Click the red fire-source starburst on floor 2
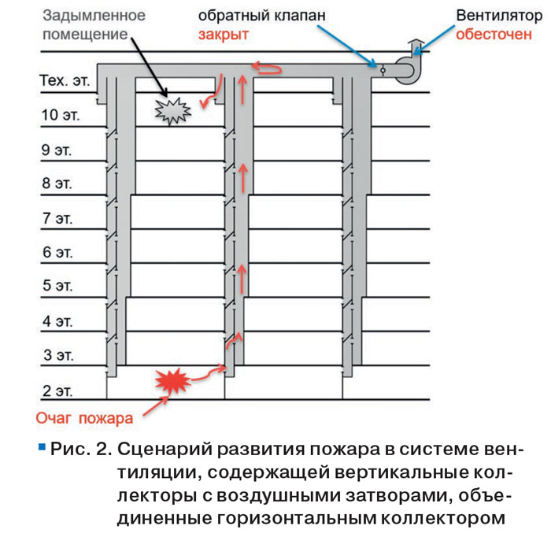(x=172, y=381)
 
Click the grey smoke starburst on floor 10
(x=173, y=111)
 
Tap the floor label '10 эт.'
(x=61, y=115)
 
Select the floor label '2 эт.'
(x=57, y=391)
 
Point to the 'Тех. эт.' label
(x=65, y=80)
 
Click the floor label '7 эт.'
(x=57, y=218)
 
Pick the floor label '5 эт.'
(x=57, y=285)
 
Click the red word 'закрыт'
(x=224, y=35)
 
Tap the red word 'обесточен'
(x=494, y=35)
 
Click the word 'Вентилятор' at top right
(x=499, y=16)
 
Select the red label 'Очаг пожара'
(x=85, y=418)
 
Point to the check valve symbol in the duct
(x=383, y=71)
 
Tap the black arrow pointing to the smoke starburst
(x=149, y=67)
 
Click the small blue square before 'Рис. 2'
(x=42, y=447)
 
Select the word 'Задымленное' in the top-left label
(x=94, y=16)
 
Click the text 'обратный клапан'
(x=262, y=16)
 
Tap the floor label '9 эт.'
(x=57, y=150)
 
